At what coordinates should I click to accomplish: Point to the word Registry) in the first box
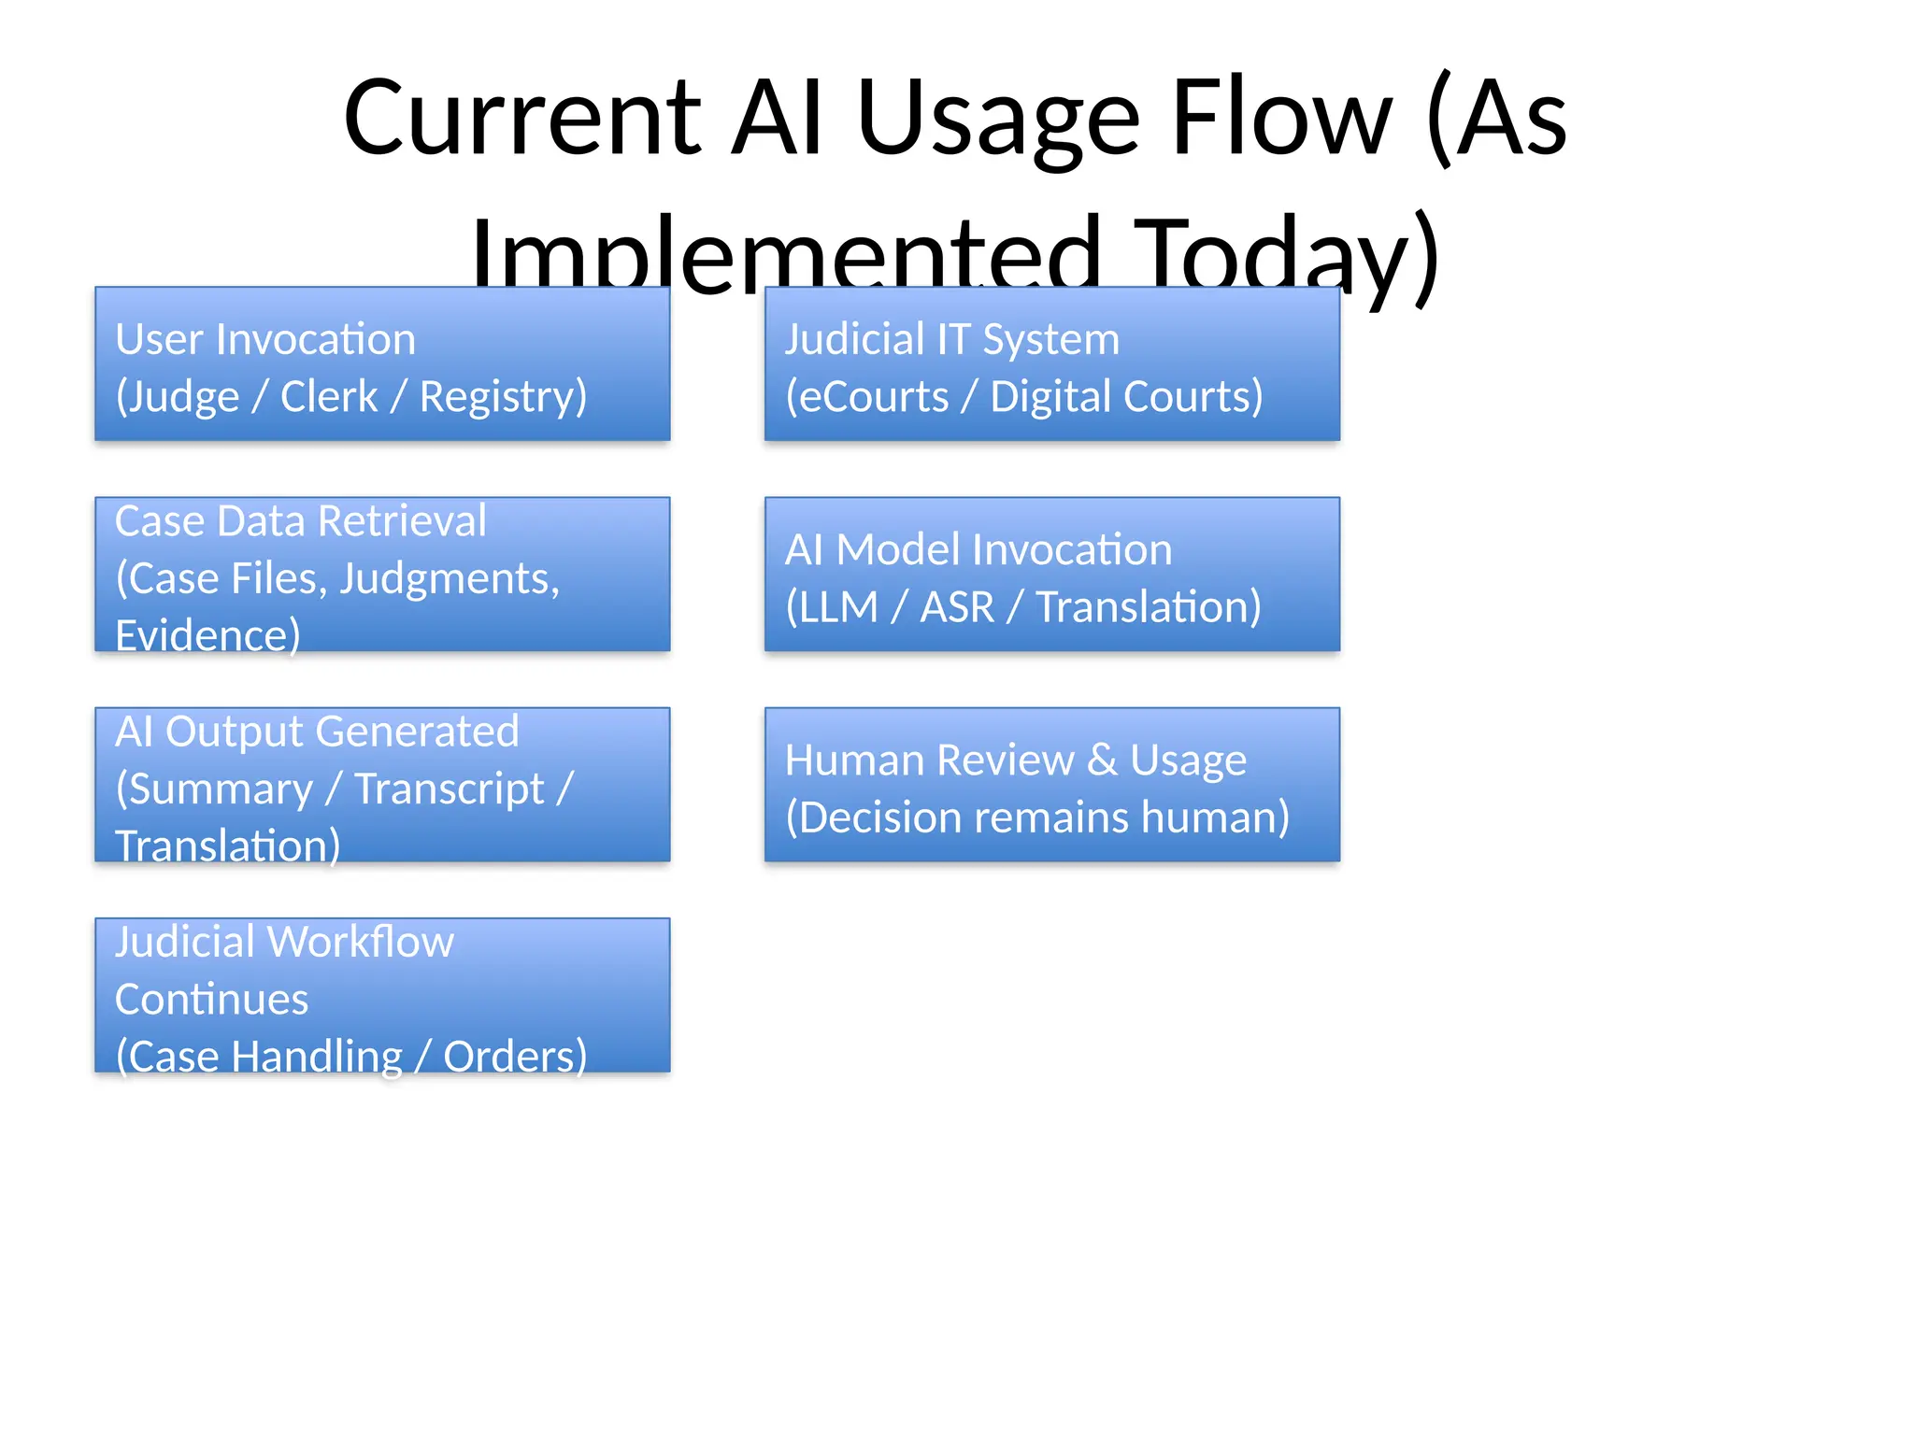point(503,397)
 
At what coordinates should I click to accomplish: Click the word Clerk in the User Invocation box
point(328,397)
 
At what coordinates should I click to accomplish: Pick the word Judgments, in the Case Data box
point(449,579)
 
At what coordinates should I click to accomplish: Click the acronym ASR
point(956,607)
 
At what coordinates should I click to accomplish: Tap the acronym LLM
point(838,607)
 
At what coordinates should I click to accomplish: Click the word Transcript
point(449,789)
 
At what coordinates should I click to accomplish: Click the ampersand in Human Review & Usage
point(1102,760)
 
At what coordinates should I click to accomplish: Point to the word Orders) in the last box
point(514,1057)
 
